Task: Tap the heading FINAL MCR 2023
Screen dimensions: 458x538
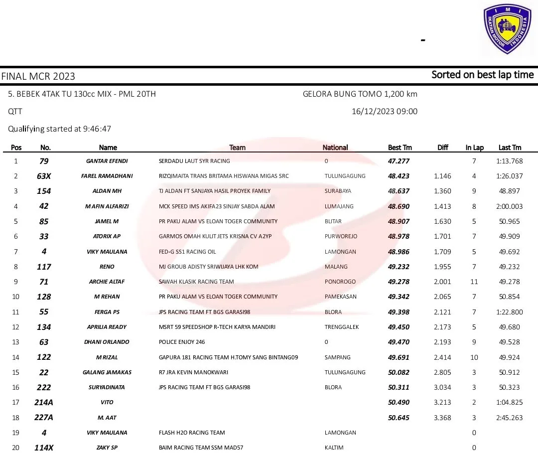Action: [x=38, y=76]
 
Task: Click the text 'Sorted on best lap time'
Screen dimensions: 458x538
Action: [x=482, y=75]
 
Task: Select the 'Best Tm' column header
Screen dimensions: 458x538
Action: [x=400, y=148]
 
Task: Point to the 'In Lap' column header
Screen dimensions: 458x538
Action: [x=474, y=148]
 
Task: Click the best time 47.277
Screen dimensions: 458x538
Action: [x=399, y=161]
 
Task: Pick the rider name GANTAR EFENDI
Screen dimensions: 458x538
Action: [x=107, y=161]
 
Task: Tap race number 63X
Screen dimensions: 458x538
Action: [x=44, y=176]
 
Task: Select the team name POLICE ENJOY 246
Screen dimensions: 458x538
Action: [x=182, y=342]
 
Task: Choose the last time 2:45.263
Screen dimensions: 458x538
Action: [x=510, y=418]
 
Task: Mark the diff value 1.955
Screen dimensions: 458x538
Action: [x=442, y=267]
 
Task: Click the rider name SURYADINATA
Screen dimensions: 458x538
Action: [x=107, y=387]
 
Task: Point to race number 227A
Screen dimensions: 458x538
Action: [x=44, y=418]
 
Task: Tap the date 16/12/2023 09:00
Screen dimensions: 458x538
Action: [x=385, y=112]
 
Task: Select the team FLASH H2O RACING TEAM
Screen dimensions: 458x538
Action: [x=192, y=433]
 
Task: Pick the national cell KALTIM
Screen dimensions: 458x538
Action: [x=334, y=448]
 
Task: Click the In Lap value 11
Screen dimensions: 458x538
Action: [x=474, y=282]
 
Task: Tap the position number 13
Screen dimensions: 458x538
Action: [x=15, y=342]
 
